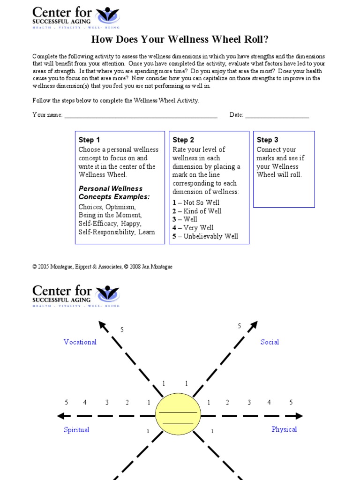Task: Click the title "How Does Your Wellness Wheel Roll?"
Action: tap(180, 39)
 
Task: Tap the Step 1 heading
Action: tap(89, 140)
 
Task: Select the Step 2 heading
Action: tap(183, 140)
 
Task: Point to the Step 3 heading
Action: tap(267, 140)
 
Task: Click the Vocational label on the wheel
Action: tap(80, 342)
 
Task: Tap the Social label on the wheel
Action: tap(270, 342)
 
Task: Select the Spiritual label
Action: tap(76, 430)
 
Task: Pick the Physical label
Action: tap(284, 429)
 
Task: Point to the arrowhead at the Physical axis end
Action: tap(299, 416)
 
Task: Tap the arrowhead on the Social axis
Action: tap(253, 325)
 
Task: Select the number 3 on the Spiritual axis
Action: tap(107, 402)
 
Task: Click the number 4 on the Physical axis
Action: tap(269, 402)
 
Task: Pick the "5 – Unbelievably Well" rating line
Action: tap(205, 236)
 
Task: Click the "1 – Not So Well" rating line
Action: tap(196, 202)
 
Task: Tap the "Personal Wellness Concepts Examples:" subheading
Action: tap(114, 193)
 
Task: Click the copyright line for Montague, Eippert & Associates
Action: tap(102, 267)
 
